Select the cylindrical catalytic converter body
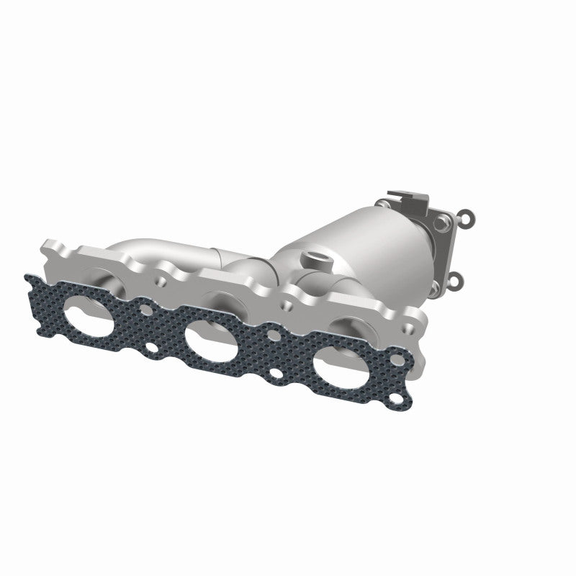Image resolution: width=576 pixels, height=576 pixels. click(x=374, y=238)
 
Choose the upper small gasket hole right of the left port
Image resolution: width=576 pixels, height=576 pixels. click(x=146, y=312)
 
